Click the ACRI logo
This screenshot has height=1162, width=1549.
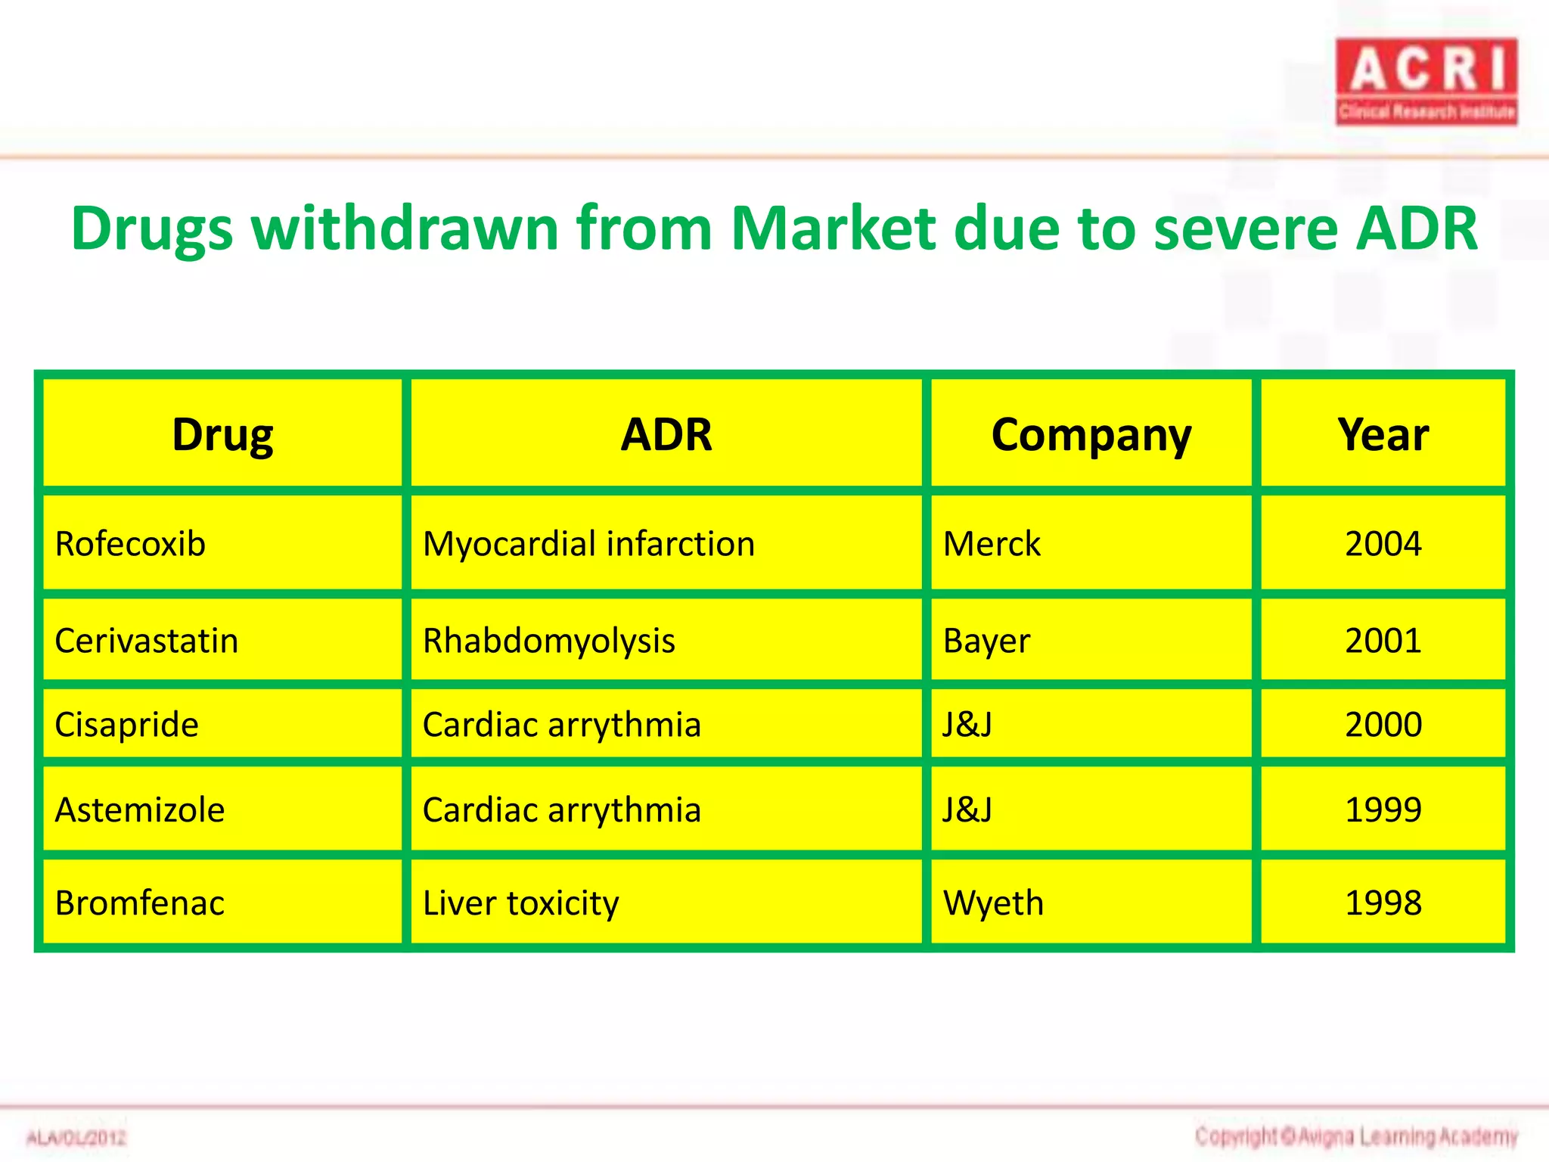tap(1426, 82)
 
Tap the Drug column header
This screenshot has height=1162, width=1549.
tap(222, 435)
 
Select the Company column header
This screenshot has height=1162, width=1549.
tap(1091, 435)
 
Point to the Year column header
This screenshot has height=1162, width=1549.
tap(1383, 435)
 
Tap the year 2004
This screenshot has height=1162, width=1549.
tap(1383, 544)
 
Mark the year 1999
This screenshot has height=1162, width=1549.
tap(1383, 809)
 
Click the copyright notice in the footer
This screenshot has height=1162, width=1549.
tap(1356, 1136)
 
